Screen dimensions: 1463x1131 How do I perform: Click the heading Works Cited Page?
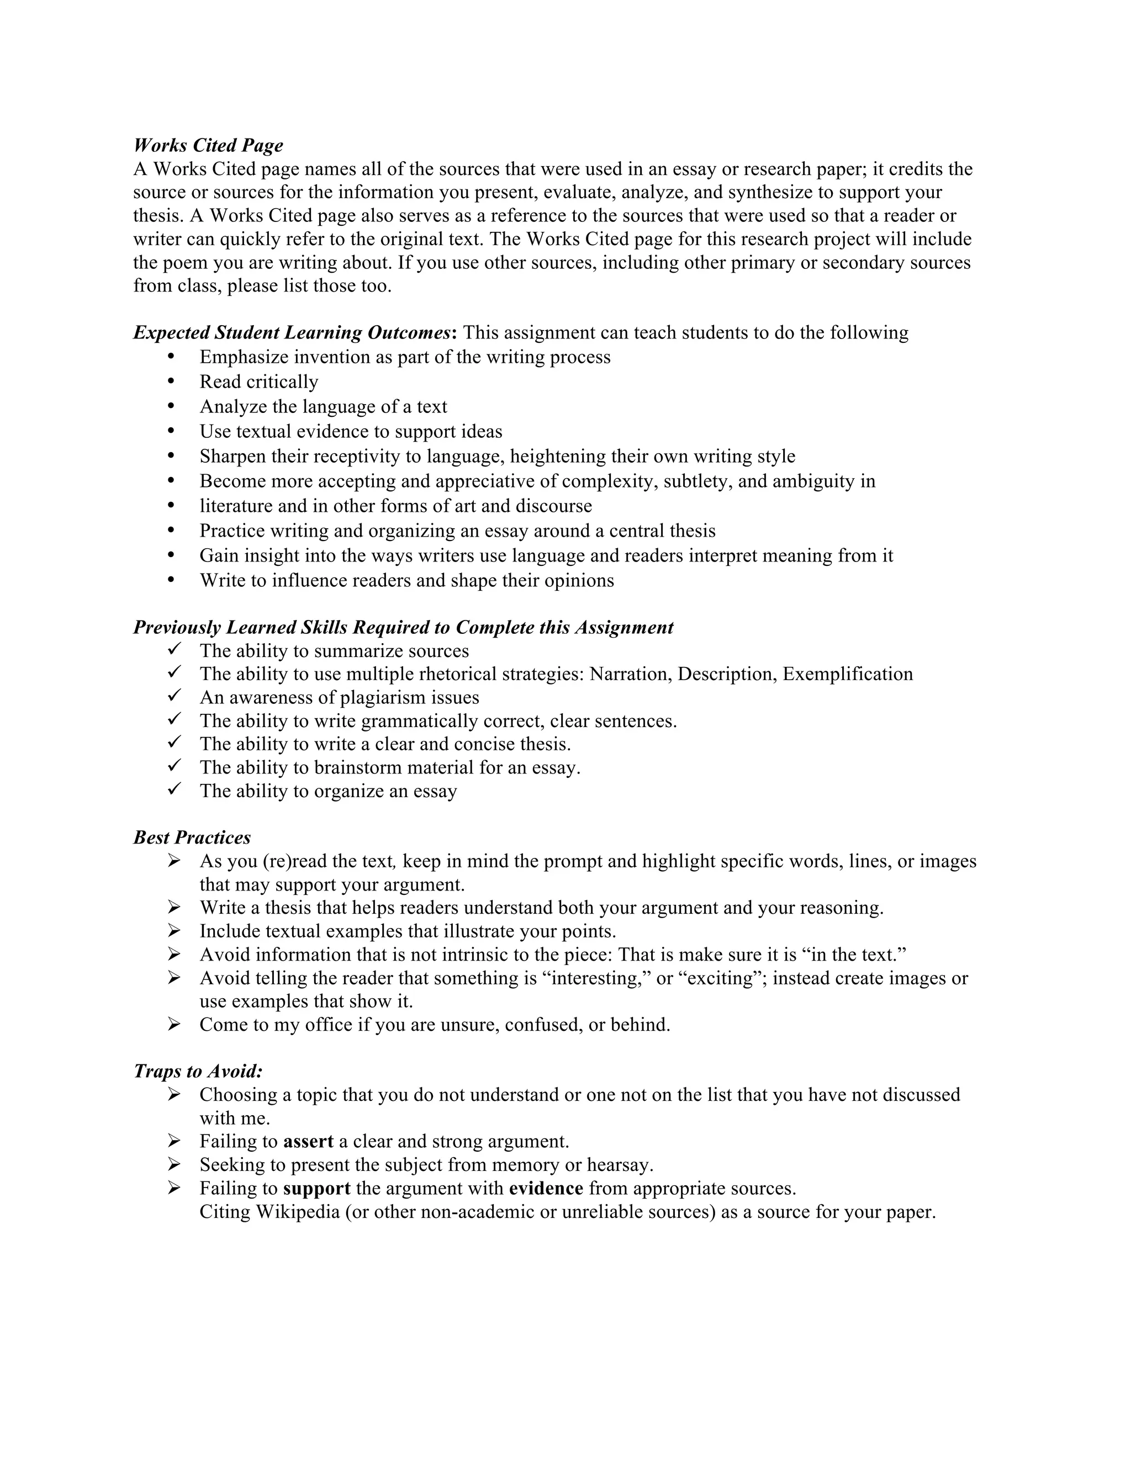click(208, 145)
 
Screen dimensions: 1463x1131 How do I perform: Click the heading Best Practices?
click(192, 837)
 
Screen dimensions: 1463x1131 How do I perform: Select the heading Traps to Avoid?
click(198, 1071)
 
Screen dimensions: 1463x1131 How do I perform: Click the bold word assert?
click(308, 1142)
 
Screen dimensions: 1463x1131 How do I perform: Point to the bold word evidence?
click(546, 1189)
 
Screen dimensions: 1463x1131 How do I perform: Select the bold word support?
click(316, 1189)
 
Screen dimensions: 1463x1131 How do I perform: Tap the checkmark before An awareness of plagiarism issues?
click(174, 697)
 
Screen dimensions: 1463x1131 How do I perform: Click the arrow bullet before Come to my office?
click(174, 1024)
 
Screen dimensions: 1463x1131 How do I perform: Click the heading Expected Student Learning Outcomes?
click(292, 333)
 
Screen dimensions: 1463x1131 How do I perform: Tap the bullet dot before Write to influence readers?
click(172, 580)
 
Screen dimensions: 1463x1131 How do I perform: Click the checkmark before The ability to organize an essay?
click(174, 791)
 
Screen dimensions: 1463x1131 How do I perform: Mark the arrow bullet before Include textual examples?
click(174, 931)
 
